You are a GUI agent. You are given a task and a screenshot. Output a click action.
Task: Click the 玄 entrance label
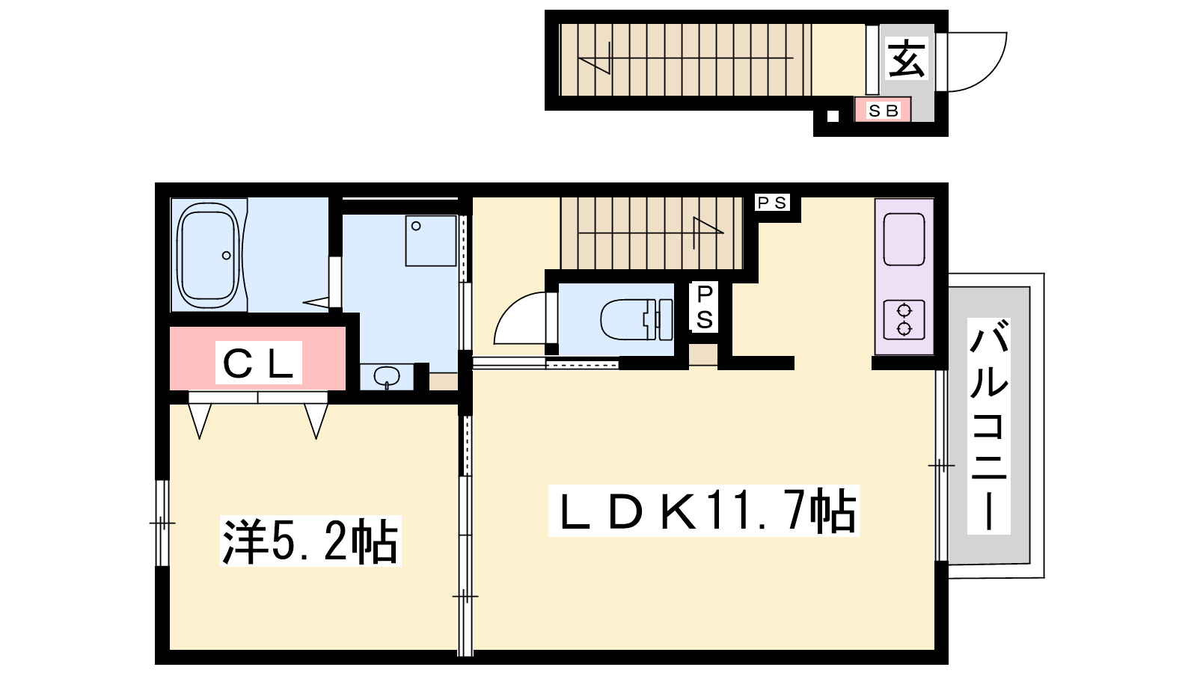coord(906,59)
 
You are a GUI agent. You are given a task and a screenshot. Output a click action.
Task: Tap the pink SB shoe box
coord(882,110)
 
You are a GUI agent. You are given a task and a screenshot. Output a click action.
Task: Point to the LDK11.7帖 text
coord(704,511)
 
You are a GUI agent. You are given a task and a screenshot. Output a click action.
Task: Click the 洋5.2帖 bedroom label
coord(310,541)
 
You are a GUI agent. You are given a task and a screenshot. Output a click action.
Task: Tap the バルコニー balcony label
coord(988,426)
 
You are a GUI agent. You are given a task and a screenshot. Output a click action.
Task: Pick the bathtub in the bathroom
coord(209,255)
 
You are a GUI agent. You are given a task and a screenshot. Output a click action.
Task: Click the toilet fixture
coord(636,320)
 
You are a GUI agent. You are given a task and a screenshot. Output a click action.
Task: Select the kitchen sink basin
coord(904,239)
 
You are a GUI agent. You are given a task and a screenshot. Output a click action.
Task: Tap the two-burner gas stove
coord(904,320)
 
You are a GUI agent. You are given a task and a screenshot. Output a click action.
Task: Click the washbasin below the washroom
coord(387,376)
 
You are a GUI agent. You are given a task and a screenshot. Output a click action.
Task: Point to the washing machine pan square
coord(431,240)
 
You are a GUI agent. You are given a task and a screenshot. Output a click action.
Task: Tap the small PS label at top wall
coord(772,203)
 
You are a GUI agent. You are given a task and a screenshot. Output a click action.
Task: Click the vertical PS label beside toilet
coord(704,307)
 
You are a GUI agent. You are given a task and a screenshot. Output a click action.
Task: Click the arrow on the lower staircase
coord(651,233)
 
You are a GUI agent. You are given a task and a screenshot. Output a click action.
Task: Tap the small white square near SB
coord(833,116)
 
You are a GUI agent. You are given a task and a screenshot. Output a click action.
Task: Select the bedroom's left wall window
coord(162,523)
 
